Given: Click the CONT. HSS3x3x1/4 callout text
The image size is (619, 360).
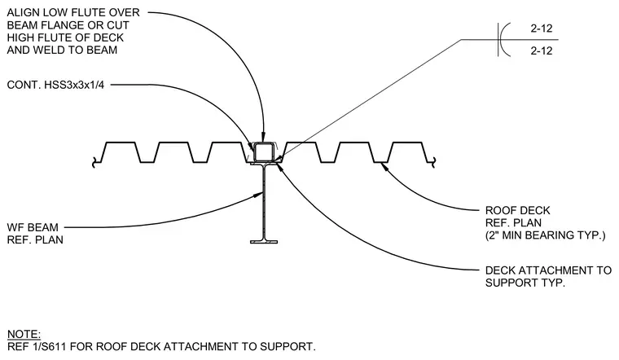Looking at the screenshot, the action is click(55, 85).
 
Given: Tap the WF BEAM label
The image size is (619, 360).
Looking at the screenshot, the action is click(33, 227).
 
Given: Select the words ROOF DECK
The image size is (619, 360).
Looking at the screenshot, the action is click(517, 210).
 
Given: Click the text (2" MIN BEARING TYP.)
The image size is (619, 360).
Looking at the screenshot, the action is click(545, 235).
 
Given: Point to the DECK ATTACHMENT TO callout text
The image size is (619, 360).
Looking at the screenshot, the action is click(548, 270).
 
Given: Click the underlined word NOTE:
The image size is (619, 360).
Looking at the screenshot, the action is click(24, 334).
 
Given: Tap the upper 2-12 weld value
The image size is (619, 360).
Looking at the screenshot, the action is click(542, 29).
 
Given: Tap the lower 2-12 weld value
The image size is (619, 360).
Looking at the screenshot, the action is click(542, 50).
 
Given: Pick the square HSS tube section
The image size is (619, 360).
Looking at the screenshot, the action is click(264, 152).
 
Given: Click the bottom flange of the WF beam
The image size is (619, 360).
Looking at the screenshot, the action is click(264, 241).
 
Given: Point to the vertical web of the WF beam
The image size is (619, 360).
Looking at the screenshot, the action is click(263, 202).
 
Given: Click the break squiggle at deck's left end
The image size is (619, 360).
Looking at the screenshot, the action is click(94, 162).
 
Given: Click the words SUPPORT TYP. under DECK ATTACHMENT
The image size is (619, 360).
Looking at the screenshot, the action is click(525, 283).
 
